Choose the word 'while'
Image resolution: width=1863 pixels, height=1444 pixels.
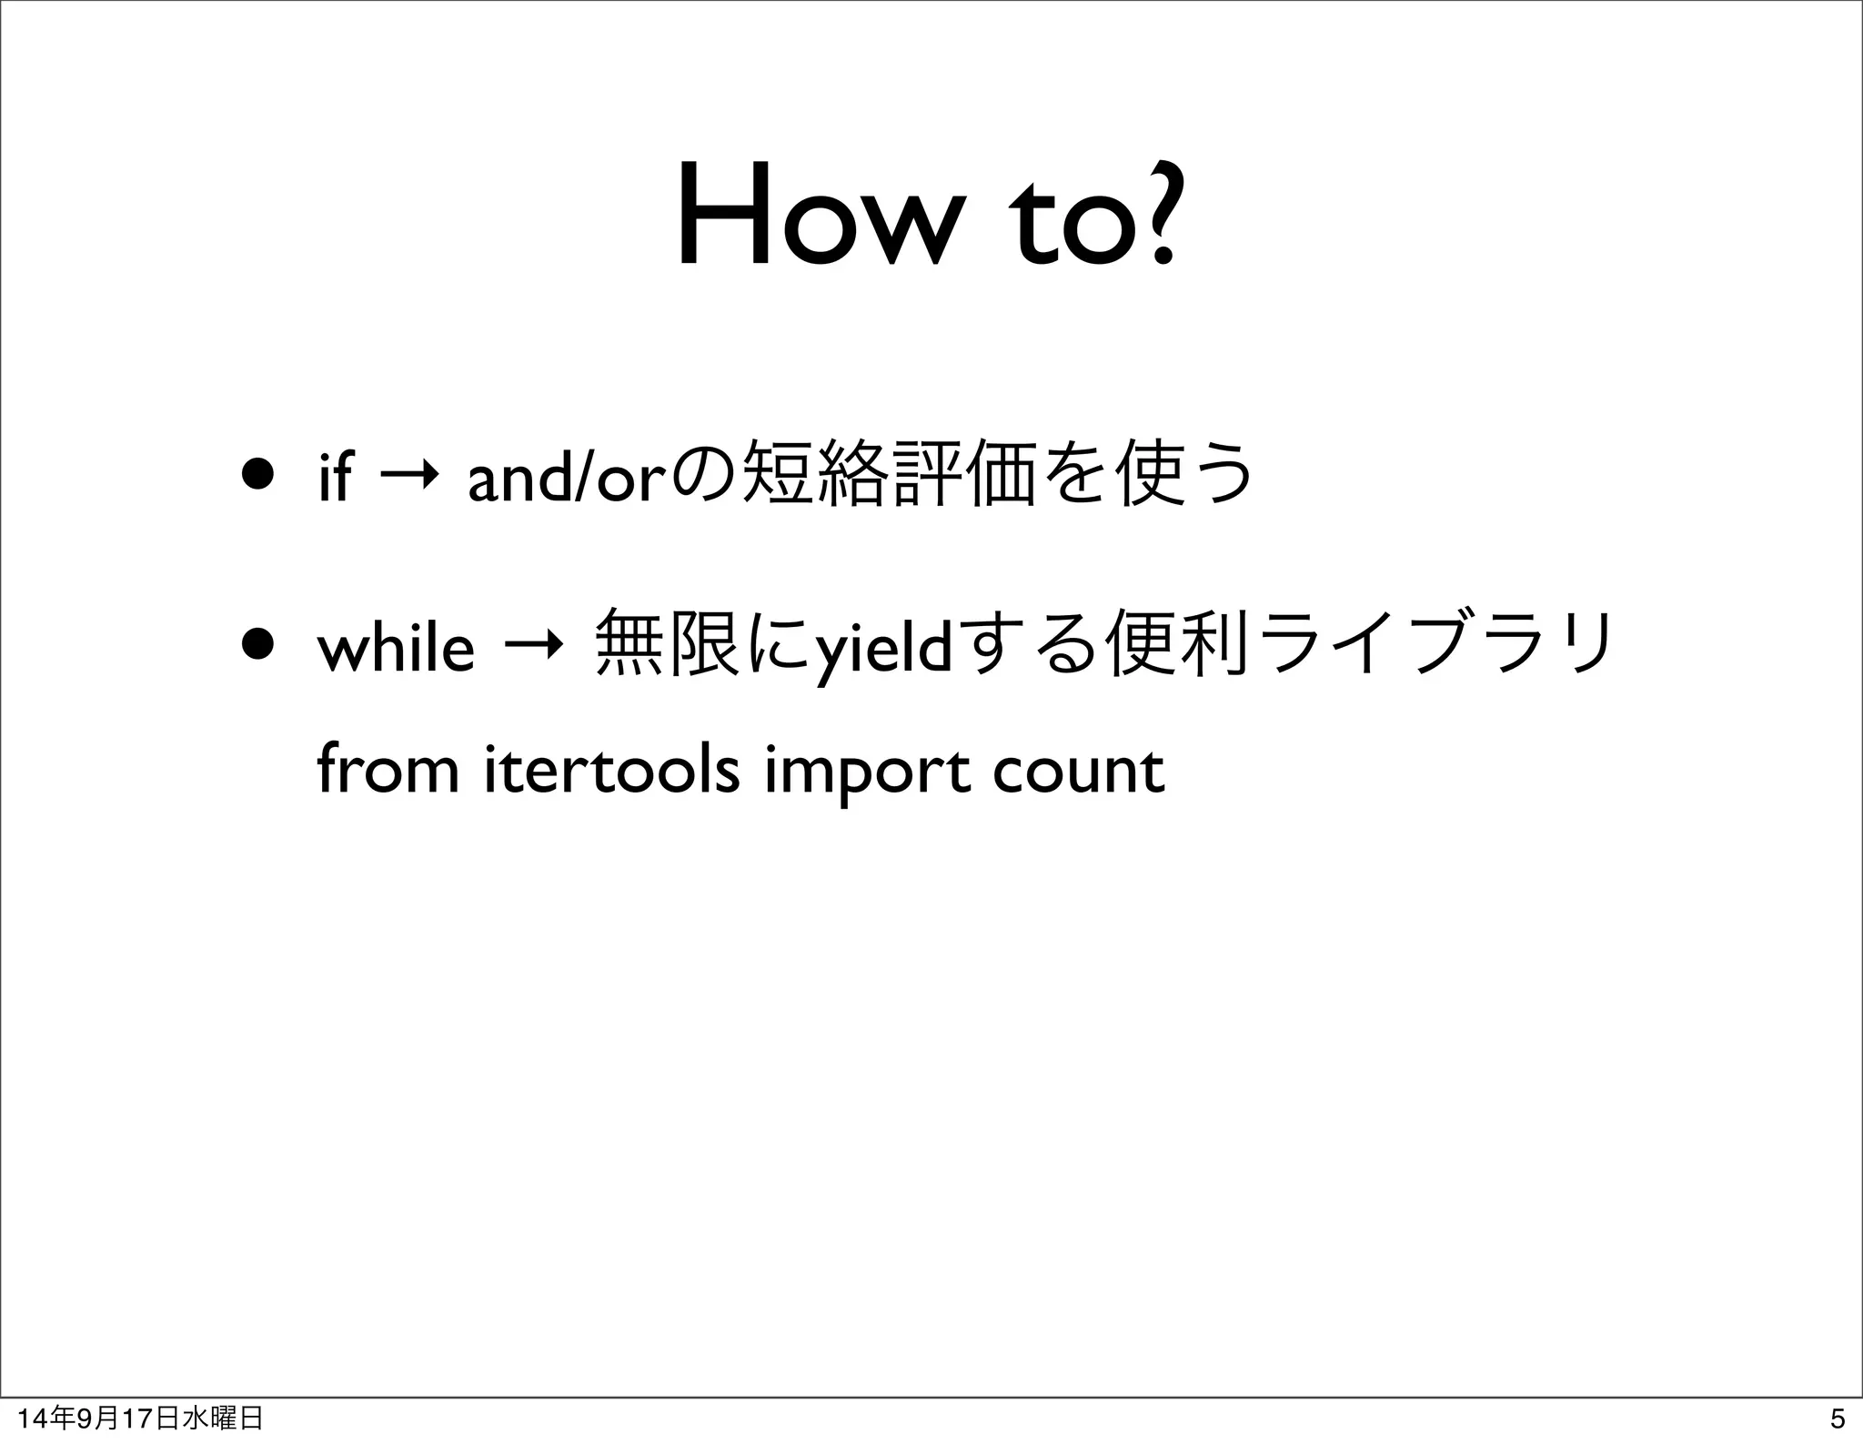(396, 648)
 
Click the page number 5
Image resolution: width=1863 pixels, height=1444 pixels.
(1837, 1419)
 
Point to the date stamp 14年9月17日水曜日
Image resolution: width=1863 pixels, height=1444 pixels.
(141, 1419)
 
